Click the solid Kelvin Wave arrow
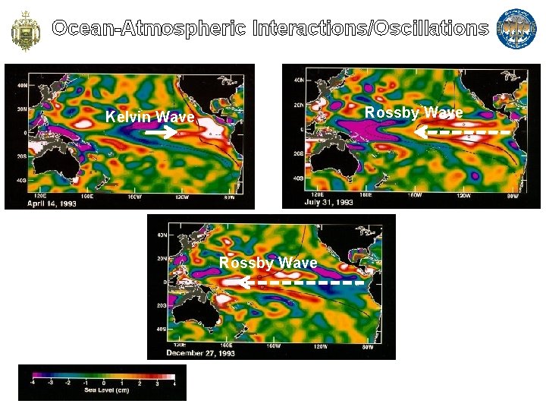point(161,132)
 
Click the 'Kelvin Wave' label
point(150,117)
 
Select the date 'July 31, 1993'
point(328,202)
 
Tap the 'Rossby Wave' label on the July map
point(413,112)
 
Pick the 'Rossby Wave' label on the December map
point(268,263)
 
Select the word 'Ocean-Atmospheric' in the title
point(149,29)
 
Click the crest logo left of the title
point(24,29)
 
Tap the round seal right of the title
point(516,29)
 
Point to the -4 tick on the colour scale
point(32,382)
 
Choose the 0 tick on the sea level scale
point(103,382)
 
